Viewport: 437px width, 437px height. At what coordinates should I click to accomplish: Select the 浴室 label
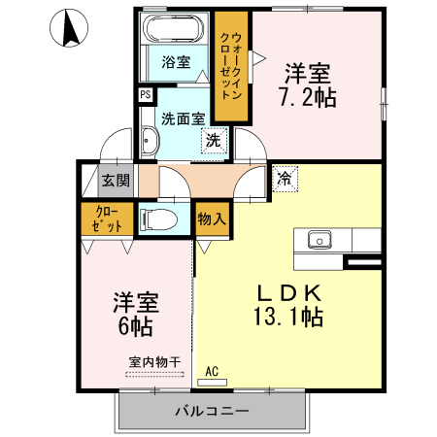(x=176, y=61)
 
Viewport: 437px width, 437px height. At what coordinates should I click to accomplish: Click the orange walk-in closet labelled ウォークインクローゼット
(x=230, y=65)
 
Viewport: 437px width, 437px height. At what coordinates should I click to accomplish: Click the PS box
(x=145, y=94)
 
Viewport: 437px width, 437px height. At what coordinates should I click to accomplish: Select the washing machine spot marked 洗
(x=212, y=140)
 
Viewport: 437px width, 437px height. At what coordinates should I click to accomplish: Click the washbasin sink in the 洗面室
(x=150, y=145)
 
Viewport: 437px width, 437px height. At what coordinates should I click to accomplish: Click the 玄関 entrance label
(x=116, y=180)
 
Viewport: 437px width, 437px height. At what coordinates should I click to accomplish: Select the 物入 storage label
(x=212, y=218)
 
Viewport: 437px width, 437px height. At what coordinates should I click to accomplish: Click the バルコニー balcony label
(x=211, y=411)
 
